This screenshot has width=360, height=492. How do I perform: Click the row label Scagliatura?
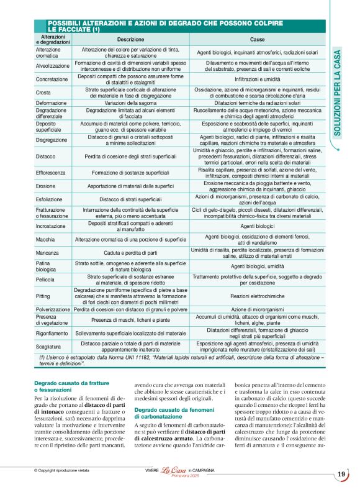49,347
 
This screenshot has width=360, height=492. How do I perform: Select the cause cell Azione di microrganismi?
257,309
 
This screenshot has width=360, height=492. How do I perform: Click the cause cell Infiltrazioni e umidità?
257,80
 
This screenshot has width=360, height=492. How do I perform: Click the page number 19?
341,475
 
